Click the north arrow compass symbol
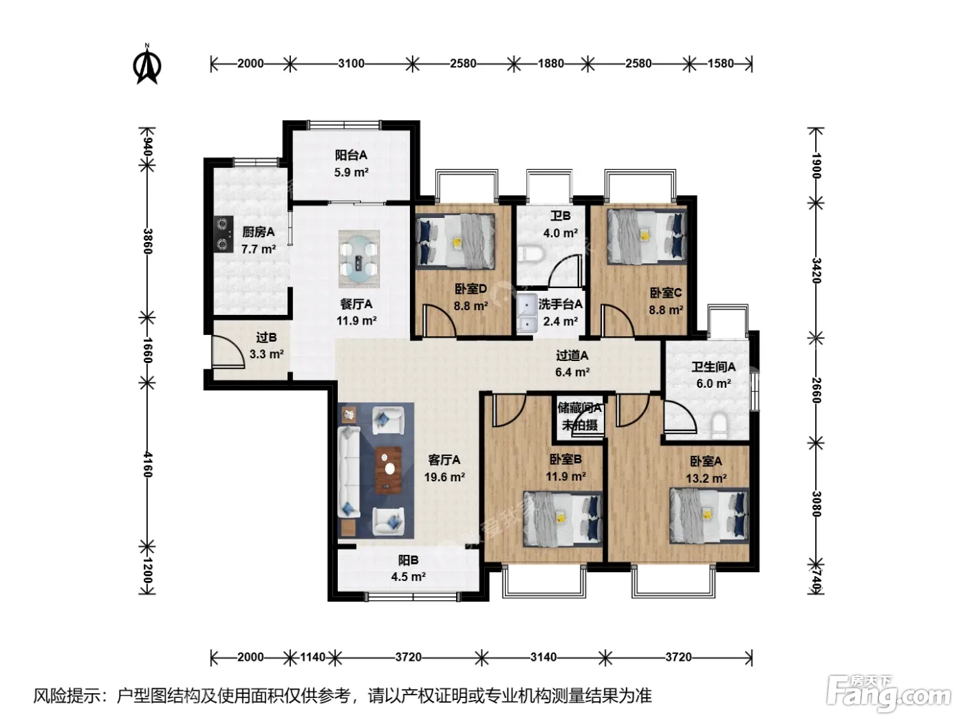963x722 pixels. click(x=147, y=65)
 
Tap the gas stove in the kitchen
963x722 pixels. click(x=224, y=234)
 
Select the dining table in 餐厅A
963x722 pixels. click(x=359, y=259)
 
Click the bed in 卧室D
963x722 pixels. click(x=455, y=241)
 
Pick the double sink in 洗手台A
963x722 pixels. click(x=526, y=313)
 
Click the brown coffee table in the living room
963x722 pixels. click(x=388, y=470)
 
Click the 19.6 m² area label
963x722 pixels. click(x=444, y=477)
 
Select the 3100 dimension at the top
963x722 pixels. click(x=351, y=63)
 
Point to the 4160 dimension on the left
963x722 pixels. click(x=147, y=464)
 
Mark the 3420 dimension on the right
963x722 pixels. click(x=816, y=270)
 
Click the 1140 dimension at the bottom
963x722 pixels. click(x=312, y=657)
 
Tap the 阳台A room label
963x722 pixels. click(x=351, y=155)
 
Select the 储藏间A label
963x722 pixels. click(x=580, y=408)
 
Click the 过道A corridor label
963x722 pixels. click(x=572, y=355)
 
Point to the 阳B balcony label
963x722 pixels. click(x=408, y=560)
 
